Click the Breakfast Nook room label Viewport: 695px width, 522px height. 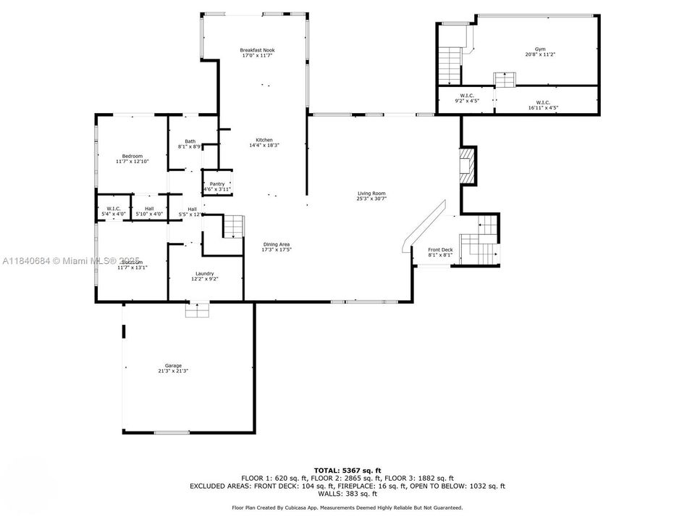(257, 50)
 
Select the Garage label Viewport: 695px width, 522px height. (173, 365)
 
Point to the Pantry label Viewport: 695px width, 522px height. (217, 184)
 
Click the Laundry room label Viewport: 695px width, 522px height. (204, 273)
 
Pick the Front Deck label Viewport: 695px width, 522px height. (440, 249)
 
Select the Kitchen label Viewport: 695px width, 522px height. (264, 140)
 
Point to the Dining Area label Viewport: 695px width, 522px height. (277, 244)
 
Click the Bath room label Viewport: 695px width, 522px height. (190, 141)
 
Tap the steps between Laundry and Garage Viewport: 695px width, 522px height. (197, 310)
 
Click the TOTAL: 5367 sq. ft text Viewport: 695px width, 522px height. (347, 471)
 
